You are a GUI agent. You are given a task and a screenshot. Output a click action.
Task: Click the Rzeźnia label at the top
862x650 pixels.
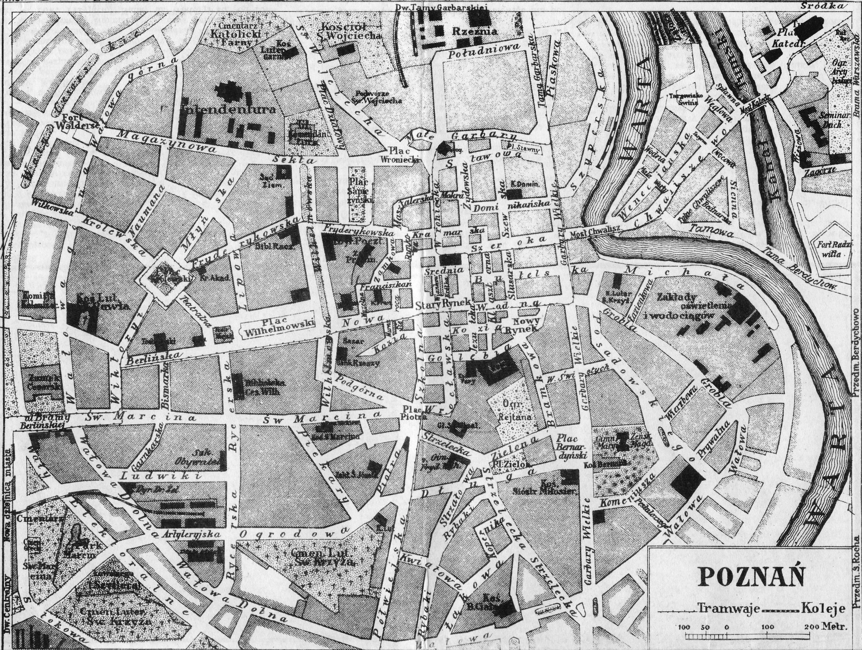click(x=469, y=31)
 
